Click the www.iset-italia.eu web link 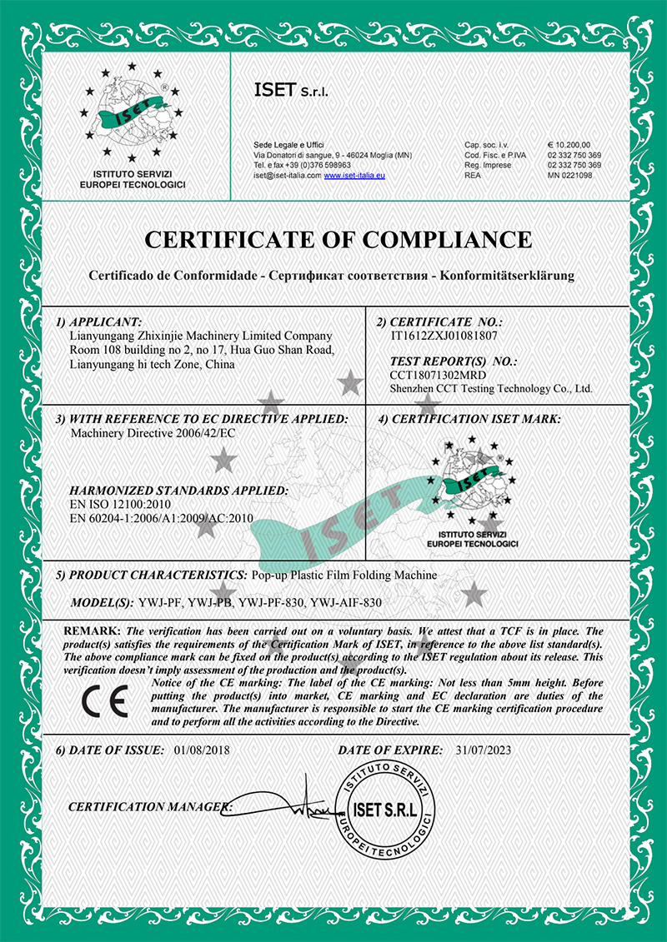tap(354, 176)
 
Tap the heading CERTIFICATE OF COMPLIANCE tap(338, 240)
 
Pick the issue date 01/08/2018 tap(202, 750)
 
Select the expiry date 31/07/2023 tap(484, 750)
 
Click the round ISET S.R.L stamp tap(385, 811)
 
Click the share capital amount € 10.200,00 tap(569, 146)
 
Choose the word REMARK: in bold tap(93, 632)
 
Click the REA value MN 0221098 tap(570, 176)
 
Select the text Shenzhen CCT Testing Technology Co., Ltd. tap(491, 389)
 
